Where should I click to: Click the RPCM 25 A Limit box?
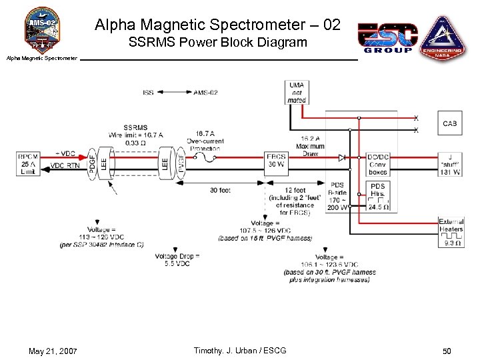coord(29,163)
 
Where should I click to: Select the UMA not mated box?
coord(297,93)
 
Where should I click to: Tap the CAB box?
coord(450,123)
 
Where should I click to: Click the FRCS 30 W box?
coord(275,160)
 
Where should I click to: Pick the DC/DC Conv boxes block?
coord(377,164)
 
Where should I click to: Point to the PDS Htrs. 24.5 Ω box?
coord(378,197)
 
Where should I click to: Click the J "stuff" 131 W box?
coord(451,164)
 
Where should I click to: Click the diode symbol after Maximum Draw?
coord(342,158)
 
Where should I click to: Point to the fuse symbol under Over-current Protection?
coord(206,158)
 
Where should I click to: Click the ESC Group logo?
coord(387,38)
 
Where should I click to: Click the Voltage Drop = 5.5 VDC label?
coord(177,260)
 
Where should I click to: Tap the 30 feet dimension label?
coord(220,191)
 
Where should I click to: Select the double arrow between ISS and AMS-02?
coord(173,93)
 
